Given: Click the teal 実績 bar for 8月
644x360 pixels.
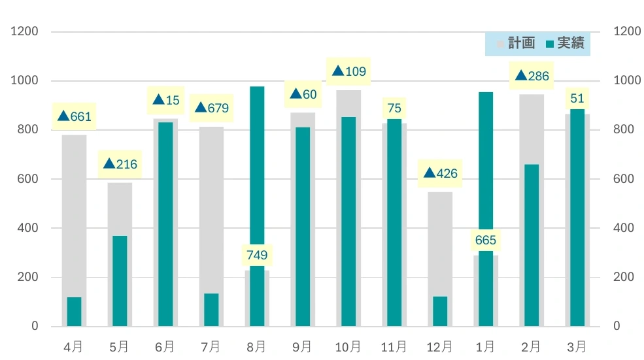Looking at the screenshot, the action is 257,206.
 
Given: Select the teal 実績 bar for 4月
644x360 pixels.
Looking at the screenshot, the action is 75,312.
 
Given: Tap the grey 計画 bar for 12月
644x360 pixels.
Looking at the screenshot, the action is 440,259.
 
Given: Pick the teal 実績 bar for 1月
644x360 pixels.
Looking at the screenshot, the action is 486,209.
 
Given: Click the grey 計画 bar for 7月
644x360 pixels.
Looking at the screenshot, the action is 212,227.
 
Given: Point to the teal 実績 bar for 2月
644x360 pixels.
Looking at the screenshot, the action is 532,245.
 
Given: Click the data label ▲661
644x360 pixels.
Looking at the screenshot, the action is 75,116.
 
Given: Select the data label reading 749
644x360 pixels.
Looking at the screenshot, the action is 257,255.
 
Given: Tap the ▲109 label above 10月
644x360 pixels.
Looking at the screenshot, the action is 348,71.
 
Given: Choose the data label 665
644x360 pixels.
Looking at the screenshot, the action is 486,240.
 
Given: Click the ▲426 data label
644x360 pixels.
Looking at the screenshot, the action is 440,173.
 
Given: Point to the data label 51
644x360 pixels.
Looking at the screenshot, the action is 577,99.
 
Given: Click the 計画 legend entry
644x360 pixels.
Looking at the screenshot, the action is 517,43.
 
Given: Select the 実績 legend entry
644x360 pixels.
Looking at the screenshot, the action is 565,43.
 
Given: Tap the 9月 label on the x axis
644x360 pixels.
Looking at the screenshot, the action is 302,348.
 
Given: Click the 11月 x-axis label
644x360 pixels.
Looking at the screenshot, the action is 394,348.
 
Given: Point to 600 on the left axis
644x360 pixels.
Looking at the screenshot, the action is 27,179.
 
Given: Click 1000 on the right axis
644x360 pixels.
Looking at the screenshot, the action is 627,80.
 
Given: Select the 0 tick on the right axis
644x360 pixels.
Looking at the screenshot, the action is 617,326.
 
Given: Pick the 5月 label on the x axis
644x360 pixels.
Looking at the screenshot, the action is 119,348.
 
